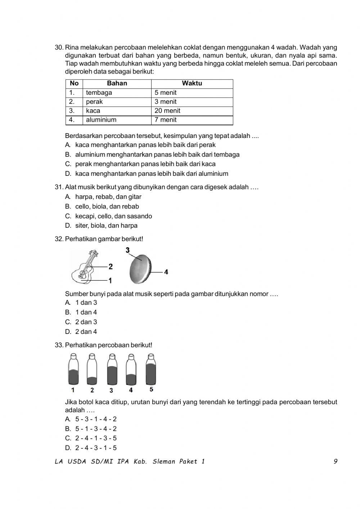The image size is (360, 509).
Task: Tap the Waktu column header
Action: tap(192, 84)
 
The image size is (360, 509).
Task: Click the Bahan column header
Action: tap(117, 84)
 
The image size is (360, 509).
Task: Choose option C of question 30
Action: tap(145, 164)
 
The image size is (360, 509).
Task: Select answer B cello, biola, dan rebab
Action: tap(107, 206)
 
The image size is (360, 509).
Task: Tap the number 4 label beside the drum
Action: tap(166, 272)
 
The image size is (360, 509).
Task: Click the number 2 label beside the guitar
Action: tap(111, 267)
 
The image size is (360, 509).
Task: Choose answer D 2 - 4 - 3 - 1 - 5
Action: tap(96, 448)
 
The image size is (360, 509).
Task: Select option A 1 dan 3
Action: tap(86, 303)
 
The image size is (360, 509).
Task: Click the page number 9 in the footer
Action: tap(336, 461)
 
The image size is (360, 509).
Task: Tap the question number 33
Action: tap(59, 345)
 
